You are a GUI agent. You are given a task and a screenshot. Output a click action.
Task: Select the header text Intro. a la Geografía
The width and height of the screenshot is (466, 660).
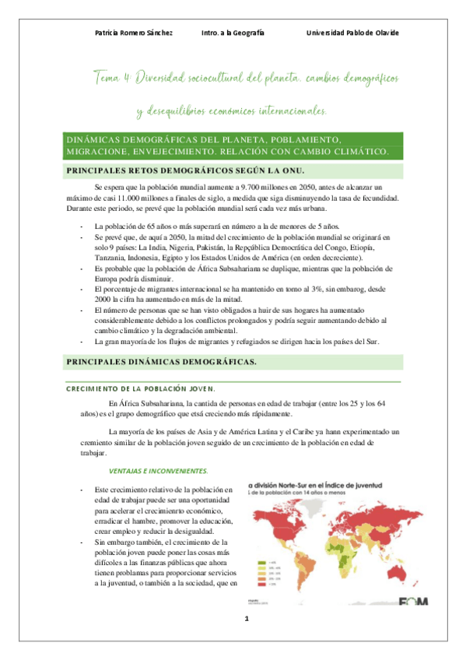tap(233, 33)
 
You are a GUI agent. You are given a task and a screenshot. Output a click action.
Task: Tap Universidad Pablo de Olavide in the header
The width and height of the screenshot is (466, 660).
tap(352, 33)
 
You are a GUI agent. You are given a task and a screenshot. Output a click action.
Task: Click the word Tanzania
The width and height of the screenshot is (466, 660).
tap(111, 257)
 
